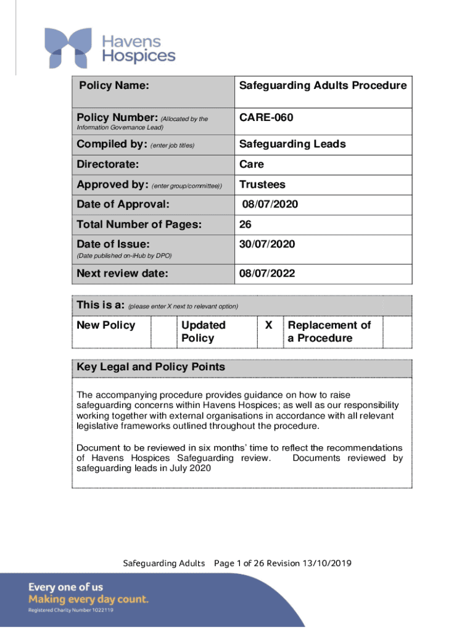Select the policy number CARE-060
266,117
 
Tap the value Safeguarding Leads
292,144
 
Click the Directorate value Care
252,165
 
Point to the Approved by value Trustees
262,185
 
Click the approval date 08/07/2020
270,204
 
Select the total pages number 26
246,225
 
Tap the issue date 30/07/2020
267,244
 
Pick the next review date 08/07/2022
267,273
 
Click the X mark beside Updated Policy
268,325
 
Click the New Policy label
105,325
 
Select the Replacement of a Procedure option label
329,331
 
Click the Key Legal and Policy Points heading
151,367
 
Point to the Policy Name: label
114,86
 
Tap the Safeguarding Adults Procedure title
323,86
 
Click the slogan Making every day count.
88,599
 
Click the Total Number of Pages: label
139,225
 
